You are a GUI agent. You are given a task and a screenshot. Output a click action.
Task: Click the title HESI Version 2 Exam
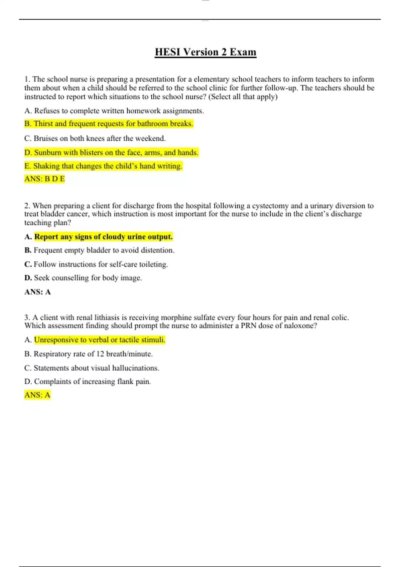tap(205, 52)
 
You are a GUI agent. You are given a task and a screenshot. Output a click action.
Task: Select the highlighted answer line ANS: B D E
tap(44, 179)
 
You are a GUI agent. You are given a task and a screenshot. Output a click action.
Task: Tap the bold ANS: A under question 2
tap(37, 292)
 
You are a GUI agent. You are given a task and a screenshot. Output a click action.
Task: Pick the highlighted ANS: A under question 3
tap(37, 395)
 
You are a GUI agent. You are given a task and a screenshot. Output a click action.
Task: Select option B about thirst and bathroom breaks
tap(109, 124)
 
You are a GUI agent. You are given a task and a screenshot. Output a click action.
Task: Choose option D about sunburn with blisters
tap(111, 153)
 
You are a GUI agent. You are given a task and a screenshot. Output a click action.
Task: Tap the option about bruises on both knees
tap(95, 138)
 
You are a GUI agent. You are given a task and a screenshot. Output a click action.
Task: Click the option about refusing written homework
tap(114, 111)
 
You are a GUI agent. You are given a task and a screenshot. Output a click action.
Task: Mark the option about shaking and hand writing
tap(103, 166)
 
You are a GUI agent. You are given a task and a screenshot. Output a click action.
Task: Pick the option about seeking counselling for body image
tap(83, 278)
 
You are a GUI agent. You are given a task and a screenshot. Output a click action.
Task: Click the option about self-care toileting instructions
tap(96, 264)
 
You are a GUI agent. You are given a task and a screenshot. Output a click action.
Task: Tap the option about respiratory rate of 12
tap(89, 354)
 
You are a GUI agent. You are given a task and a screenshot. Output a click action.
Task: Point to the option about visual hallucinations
tap(92, 368)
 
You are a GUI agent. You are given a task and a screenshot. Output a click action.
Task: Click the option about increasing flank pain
tap(88, 382)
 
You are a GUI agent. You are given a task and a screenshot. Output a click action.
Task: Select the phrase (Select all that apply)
tap(243, 97)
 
